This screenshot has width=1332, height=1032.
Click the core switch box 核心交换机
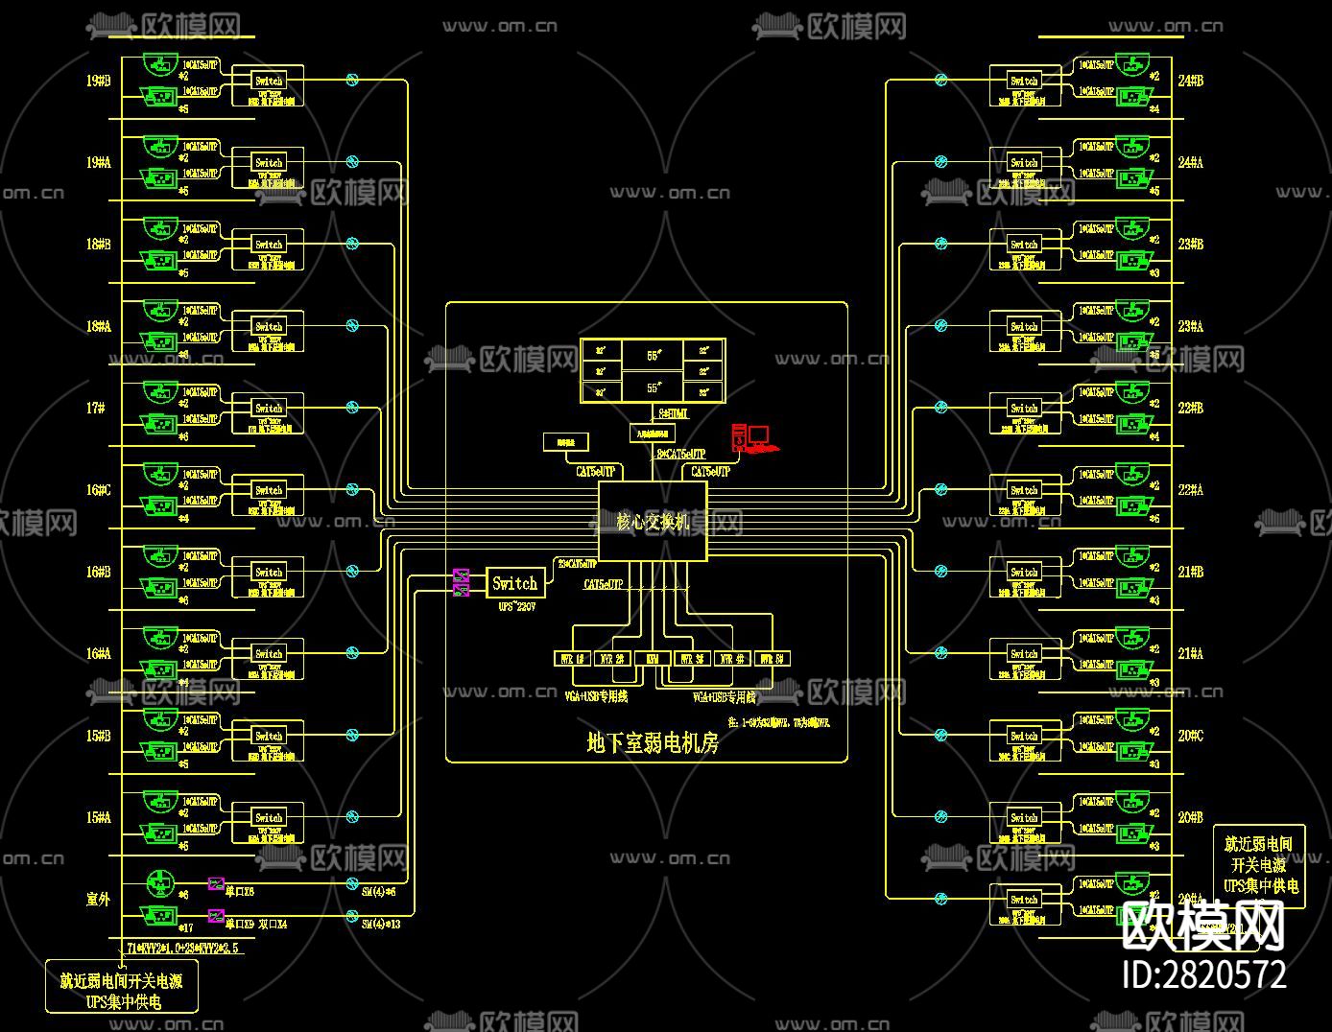point(653,522)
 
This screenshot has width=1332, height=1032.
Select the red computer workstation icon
point(750,438)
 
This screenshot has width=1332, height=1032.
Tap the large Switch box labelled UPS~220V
point(514,583)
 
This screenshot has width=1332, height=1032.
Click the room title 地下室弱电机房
point(653,742)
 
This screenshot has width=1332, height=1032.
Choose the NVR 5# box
point(773,659)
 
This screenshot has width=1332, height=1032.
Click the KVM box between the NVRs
point(653,659)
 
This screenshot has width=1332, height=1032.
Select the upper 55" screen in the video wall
point(653,355)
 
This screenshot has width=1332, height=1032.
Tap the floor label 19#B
point(98,81)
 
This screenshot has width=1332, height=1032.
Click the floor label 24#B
point(1190,81)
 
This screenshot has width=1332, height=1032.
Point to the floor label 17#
point(95,408)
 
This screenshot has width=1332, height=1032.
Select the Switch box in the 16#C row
point(269,490)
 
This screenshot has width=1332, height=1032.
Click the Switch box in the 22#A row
point(1024,490)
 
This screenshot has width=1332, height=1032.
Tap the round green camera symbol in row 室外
point(159,882)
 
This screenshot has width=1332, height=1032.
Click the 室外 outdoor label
point(98,899)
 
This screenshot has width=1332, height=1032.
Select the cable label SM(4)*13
point(381,924)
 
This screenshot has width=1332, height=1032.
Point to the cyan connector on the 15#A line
point(352,817)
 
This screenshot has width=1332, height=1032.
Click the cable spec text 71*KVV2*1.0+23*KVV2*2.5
point(182,948)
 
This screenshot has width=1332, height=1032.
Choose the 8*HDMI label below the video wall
point(672,413)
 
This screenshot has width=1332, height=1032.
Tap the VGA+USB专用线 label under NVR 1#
point(596,696)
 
